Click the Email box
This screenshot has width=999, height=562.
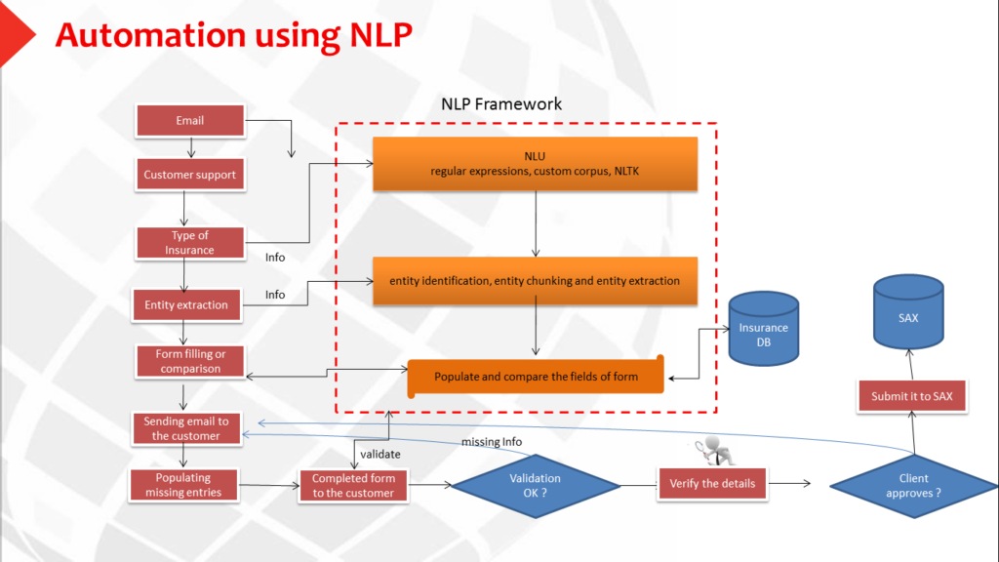tap(190, 120)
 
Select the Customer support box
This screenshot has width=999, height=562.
tap(190, 175)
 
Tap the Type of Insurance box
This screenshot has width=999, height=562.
tap(190, 243)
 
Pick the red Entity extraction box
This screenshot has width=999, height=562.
tap(186, 304)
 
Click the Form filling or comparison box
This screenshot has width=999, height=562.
tap(190, 361)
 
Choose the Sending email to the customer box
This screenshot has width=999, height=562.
tap(186, 428)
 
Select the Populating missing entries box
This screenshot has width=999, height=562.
tap(183, 485)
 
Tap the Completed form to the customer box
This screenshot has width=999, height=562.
tap(353, 486)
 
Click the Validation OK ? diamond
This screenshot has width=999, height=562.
tap(536, 486)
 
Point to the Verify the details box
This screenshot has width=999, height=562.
tap(712, 484)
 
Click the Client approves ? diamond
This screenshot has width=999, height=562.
tap(913, 486)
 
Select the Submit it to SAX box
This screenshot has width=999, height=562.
tap(912, 396)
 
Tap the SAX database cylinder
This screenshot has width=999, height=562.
tap(908, 312)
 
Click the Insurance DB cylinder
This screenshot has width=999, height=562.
tap(763, 329)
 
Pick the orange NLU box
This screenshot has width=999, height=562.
tap(536, 164)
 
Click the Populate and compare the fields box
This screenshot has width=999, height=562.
tap(536, 377)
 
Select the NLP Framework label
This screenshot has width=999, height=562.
tap(501, 103)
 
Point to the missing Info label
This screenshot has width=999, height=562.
tap(492, 442)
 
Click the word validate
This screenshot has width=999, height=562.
tap(380, 455)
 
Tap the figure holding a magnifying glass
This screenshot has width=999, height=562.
tap(715, 451)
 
